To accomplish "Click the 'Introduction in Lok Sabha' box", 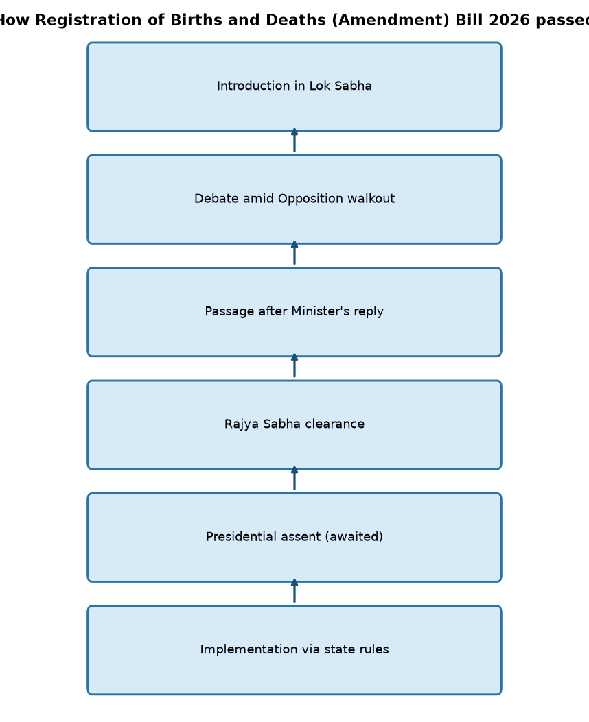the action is tap(294, 86).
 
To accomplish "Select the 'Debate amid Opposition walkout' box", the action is tap(294, 200).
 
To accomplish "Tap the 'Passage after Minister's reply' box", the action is tap(294, 312).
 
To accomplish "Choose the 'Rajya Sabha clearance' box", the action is tap(294, 424).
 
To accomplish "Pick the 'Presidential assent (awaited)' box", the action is tap(294, 538).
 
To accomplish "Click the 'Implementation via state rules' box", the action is tap(294, 650).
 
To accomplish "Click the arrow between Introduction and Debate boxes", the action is tap(294, 141).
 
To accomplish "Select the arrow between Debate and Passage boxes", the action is tap(294, 253).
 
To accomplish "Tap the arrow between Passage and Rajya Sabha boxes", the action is tap(294, 365).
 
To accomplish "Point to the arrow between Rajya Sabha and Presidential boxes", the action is tap(294, 479).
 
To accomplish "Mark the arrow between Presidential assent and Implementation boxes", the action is tap(294, 591).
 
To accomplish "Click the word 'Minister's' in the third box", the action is tap(321, 311).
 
